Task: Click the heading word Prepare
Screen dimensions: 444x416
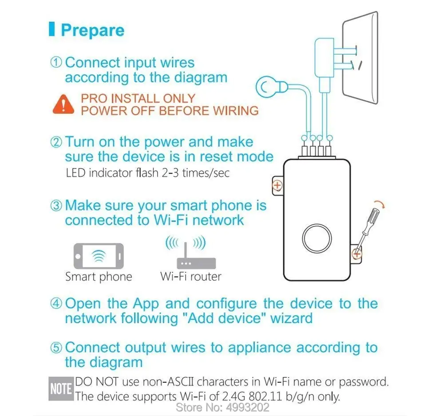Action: [x=93, y=30]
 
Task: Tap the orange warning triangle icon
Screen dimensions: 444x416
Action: [x=63, y=104]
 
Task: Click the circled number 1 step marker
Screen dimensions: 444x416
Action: [x=56, y=62]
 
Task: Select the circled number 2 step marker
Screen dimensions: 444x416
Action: [x=56, y=142]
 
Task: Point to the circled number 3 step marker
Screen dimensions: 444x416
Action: [x=56, y=206]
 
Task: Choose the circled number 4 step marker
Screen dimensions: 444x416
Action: [x=56, y=303]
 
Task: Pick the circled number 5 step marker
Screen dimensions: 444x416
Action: [x=56, y=348]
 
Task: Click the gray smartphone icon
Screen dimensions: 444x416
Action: [x=99, y=256]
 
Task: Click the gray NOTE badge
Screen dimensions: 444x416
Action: [x=61, y=389]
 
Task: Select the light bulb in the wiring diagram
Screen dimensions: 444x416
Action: [x=271, y=87]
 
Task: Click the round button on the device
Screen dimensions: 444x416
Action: [x=317, y=238]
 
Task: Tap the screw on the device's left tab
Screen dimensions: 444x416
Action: [x=277, y=186]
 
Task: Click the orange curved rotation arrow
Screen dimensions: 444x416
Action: [x=380, y=205]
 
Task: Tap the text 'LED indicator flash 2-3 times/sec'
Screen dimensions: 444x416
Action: [x=147, y=173]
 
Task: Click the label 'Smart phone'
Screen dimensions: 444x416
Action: [x=99, y=277]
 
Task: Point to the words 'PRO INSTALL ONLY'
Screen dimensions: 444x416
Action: [x=138, y=99]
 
